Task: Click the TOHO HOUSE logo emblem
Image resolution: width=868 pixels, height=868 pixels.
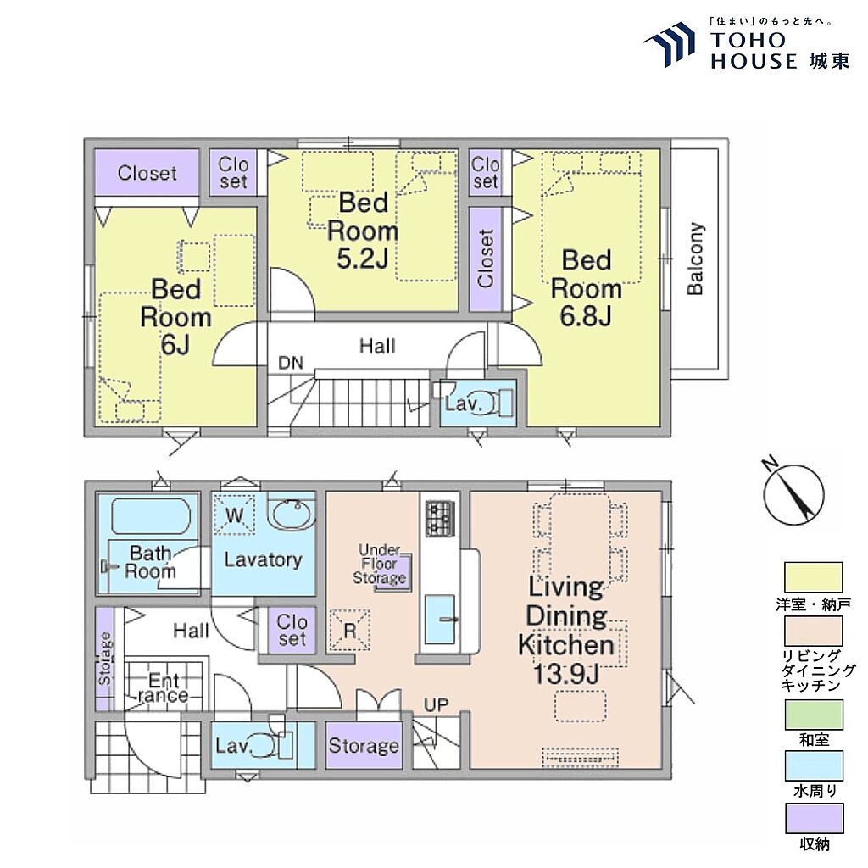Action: (x=670, y=45)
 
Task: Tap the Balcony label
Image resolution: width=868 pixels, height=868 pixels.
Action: (x=695, y=259)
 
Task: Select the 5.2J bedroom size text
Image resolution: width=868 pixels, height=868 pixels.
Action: (x=363, y=258)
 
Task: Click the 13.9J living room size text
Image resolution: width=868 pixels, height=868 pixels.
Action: (x=565, y=674)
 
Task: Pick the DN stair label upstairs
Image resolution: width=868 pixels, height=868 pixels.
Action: (x=291, y=363)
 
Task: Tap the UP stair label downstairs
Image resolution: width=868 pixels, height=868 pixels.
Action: (x=436, y=704)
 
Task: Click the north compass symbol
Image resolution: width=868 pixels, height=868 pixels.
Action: (x=793, y=492)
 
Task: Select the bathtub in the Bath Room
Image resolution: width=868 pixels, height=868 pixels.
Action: (x=151, y=516)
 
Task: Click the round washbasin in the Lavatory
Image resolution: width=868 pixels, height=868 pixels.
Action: (x=292, y=514)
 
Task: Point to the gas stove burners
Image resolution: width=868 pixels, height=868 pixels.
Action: (x=440, y=518)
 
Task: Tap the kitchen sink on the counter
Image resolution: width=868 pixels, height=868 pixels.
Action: (x=440, y=620)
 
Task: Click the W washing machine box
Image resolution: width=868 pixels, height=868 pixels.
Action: (x=235, y=515)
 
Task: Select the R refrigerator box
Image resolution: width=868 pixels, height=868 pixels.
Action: (x=350, y=630)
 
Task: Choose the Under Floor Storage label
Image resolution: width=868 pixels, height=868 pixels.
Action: (x=379, y=564)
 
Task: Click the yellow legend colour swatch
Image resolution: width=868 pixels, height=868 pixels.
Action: (x=813, y=577)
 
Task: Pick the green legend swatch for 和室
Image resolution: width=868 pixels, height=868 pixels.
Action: (x=814, y=715)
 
